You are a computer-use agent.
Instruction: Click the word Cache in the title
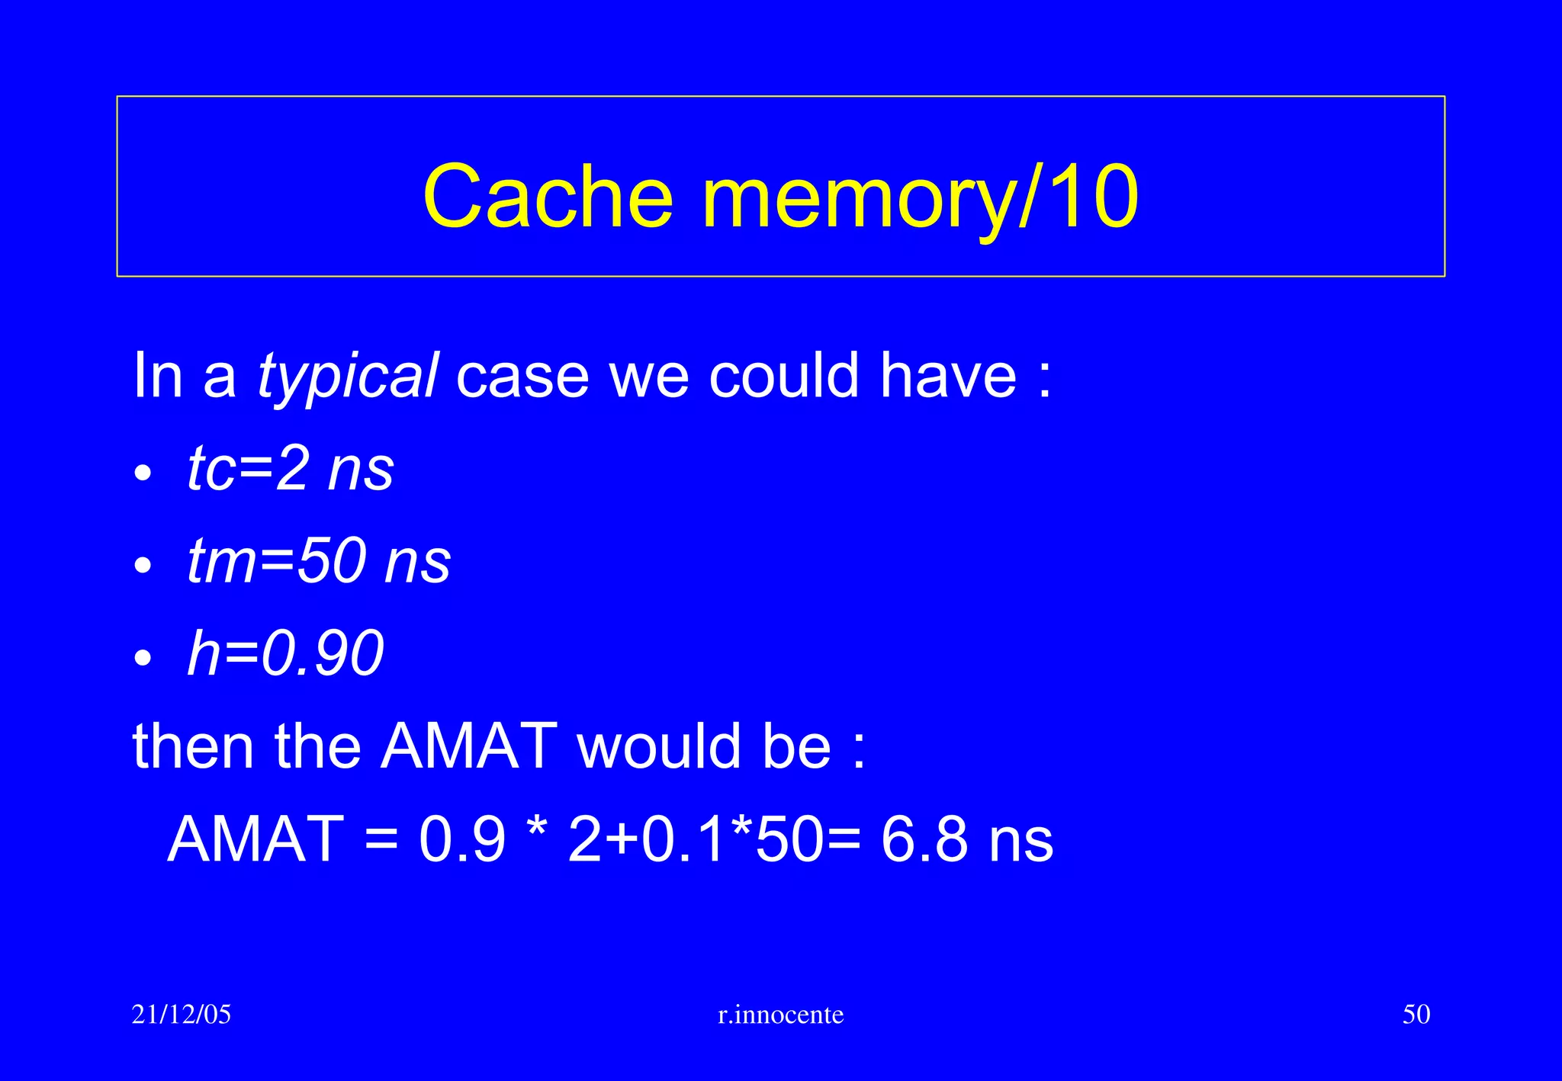(x=548, y=197)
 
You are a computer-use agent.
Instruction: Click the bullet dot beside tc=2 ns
(x=143, y=474)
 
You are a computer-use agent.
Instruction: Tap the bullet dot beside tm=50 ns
(x=143, y=566)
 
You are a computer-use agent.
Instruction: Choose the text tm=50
(x=276, y=561)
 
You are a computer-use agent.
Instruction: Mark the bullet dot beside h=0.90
(x=143, y=658)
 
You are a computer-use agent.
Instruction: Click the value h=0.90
(x=285, y=653)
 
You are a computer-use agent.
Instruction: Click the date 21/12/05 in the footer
(x=182, y=1014)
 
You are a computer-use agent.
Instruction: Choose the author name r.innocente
(x=781, y=1015)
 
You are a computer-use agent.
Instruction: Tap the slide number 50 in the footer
(x=1416, y=1014)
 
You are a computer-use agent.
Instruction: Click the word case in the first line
(x=522, y=377)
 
